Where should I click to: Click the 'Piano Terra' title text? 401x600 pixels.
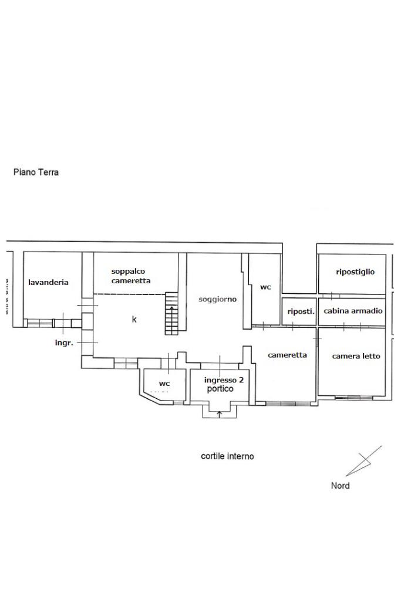point(36,172)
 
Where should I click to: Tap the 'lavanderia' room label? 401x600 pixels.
point(48,282)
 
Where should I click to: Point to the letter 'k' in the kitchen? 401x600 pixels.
point(134,320)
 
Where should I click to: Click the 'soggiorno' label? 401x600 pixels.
point(217,299)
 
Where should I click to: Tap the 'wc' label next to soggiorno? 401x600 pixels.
point(265,287)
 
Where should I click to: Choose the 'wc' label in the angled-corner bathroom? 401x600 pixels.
point(164,384)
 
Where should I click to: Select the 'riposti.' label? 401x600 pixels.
point(301,311)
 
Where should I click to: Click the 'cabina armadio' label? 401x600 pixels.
point(353,311)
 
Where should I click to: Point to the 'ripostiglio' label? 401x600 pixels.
point(355,272)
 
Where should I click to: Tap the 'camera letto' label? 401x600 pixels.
point(356,356)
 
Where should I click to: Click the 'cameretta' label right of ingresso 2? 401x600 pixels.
point(287,355)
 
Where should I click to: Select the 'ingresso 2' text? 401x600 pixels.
point(223,380)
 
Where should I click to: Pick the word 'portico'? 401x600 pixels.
point(220,389)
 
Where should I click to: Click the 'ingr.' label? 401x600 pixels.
point(63,343)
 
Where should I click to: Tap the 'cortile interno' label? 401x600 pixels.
point(227,456)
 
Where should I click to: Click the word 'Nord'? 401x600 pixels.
point(340,486)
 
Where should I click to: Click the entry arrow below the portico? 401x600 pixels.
point(220,415)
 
